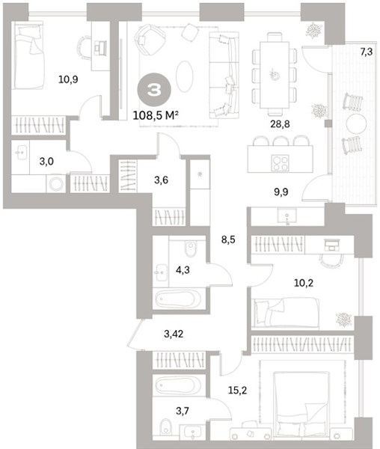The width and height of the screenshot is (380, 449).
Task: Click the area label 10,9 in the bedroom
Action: coord(68,79)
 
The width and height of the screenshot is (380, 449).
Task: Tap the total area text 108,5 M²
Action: coord(156,116)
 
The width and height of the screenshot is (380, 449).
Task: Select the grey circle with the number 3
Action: coord(154,90)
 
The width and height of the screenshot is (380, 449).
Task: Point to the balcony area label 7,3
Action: coord(367,52)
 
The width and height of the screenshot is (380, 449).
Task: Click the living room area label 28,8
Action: coord(280,124)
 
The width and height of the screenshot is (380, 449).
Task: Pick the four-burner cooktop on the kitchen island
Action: coord(280,163)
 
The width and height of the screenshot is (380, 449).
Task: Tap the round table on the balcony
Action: coord(356,123)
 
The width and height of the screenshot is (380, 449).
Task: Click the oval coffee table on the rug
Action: coord(185,76)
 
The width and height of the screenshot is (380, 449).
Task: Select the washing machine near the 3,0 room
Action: coord(56,183)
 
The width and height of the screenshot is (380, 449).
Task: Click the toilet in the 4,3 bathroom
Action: coord(190,248)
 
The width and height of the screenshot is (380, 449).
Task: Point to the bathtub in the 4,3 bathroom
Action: coord(179,299)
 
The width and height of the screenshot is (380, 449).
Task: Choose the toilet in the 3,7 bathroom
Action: coord(165,427)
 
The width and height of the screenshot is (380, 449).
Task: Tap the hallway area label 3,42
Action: coord(174,334)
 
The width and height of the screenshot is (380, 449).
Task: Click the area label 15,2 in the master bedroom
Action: coord(238,390)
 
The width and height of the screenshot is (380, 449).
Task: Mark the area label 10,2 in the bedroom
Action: coord(304,283)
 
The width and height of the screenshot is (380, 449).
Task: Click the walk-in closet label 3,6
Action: coord(161,180)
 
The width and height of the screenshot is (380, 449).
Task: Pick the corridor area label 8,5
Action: coord(228,239)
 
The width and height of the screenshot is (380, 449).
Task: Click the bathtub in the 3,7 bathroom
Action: coord(179,385)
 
